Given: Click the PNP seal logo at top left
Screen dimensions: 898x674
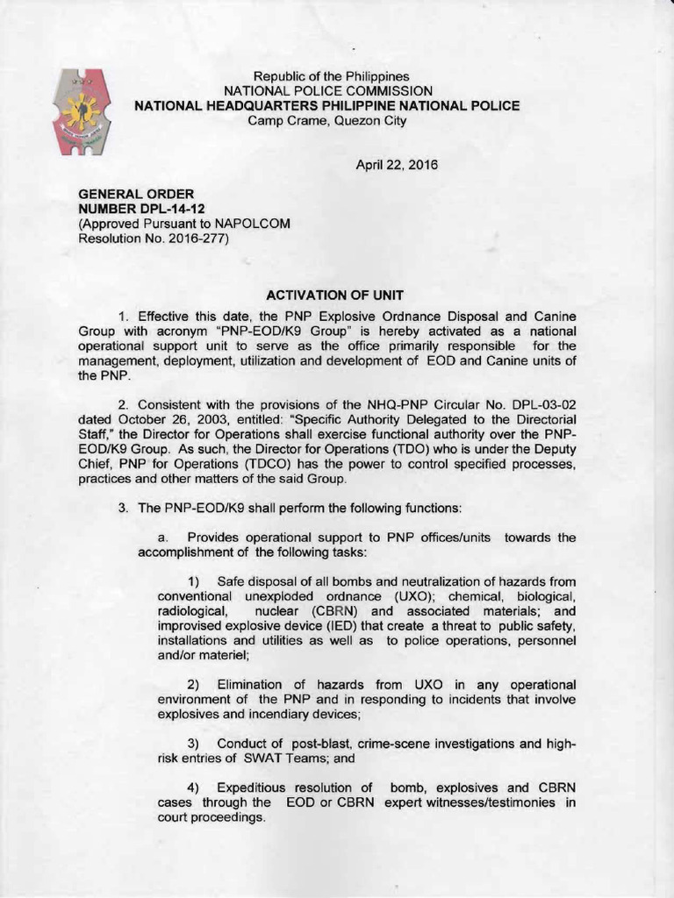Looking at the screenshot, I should (x=82, y=112).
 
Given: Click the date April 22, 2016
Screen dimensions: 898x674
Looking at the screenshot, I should (x=396, y=165).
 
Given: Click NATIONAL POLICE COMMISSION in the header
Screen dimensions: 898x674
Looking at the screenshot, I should (x=327, y=91).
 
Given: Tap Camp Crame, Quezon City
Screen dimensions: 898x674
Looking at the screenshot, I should (x=327, y=120).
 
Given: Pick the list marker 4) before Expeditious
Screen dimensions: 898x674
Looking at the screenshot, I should (x=195, y=788).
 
